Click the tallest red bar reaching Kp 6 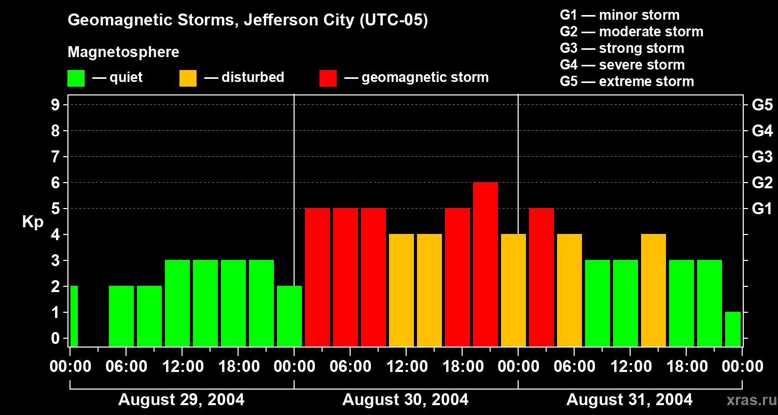point(485,264)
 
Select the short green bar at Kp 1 point(733,329)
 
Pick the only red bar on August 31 point(541,277)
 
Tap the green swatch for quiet point(76,78)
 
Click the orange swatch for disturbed point(188,78)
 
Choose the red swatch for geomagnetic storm point(328,78)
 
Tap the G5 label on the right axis point(762,105)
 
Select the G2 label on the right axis point(762,183)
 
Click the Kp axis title point(33,222)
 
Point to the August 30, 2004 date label point(405,400)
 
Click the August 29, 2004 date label point(182,400)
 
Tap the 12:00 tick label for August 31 point(629,367)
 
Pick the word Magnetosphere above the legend point(123,52)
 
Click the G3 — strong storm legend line point(622,48)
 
